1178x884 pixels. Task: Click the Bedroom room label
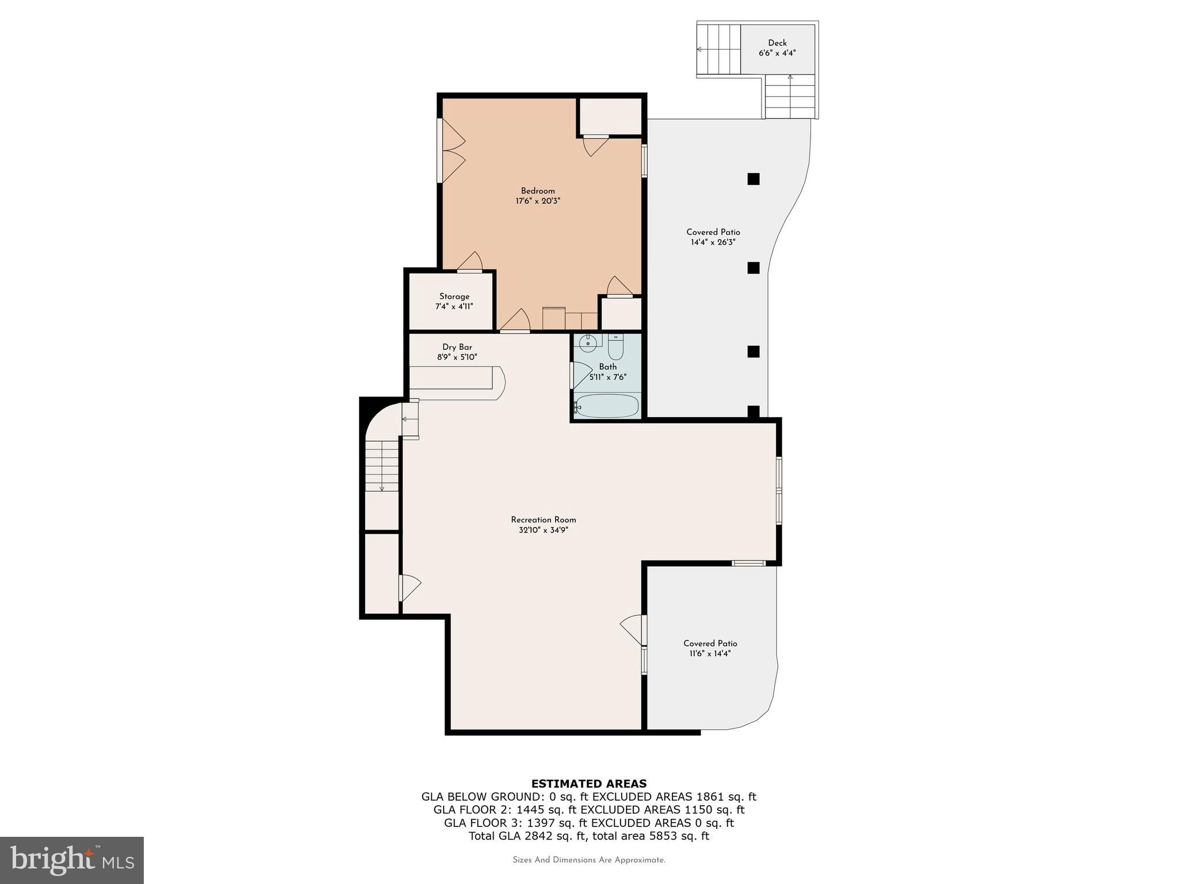pyautogui.click(x=538, y=191)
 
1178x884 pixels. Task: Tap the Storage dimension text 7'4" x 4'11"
pyautogui.click(x=454, y=307)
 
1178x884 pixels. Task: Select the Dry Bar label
pyautogui.click(x=457, y=347)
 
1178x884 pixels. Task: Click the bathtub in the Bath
pyautogui.click(x=607, y=406)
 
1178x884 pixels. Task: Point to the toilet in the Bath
pyautogui.click(x=615, y=348)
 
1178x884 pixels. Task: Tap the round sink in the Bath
pyautogui.click(x=588, y=344)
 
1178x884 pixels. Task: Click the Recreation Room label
pyautogui.click(x=543, y=520)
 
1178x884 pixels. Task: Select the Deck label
pyautogui.click(x=777, y=43)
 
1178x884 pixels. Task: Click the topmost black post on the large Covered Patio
pyautogui.click(x=754, y=179)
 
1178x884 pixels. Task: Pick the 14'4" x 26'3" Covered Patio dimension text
pyautogui.click(x=713, y=242)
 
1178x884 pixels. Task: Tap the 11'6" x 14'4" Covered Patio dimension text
pyautogui.click(x=710, y=654)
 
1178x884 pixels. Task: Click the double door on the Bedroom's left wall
pyautogui.click(x=451, y=151)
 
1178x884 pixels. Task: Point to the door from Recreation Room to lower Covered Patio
pyautogui.click(x=633, y=630)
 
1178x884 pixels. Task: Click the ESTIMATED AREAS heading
pyautogui.click(x=588, y=783)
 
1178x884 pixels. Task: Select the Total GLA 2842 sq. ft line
pyautogui.click(x=588, y=836)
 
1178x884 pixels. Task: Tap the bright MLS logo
pyautogui.click(x=72, y=860)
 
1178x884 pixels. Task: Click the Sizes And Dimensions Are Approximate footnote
pyautogui.click(x=588, y=860)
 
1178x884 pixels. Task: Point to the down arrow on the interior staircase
pyautogui.click(x=382, y=487)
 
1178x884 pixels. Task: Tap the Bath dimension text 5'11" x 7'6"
pyautogui.click(x=607, y=378)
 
